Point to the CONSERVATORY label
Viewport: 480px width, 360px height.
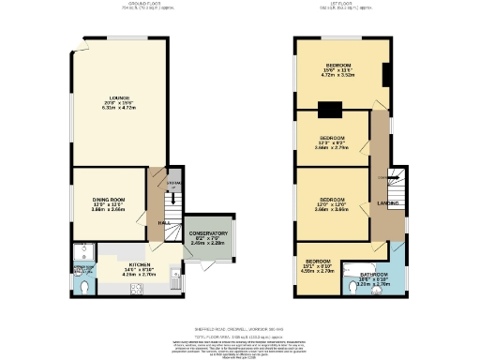tap(208, 233)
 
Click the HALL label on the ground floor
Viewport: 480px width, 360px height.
tap(162, 222)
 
